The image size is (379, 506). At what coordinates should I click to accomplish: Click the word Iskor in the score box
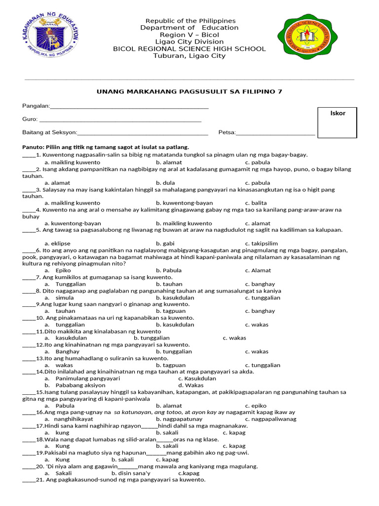click(338, 113)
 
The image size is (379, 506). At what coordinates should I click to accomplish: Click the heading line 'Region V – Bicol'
click(190, 35)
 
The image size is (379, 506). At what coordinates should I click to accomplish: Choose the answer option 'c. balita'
click(256, 203)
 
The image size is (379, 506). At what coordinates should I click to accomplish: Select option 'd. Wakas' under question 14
click(190, 385)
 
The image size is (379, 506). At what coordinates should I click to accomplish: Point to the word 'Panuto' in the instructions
click(33, 147)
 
